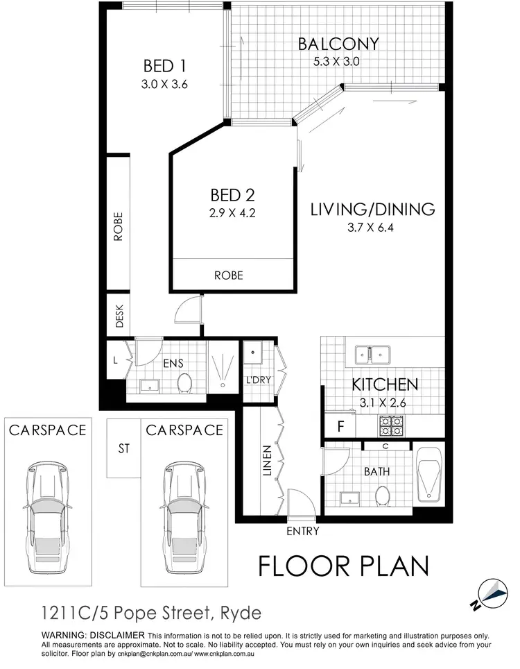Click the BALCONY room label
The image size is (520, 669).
coord(338,44)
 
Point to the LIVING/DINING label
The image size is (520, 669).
coord(372,209)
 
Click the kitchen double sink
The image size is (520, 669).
coord(372,355)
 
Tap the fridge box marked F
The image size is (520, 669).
coord(340,426)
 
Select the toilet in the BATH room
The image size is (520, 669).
coord(381,495)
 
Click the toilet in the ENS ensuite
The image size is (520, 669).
coord(184,382)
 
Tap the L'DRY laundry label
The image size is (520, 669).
coord(257,380)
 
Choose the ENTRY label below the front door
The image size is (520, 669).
coord(302,532)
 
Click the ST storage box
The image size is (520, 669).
coord(124,448)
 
